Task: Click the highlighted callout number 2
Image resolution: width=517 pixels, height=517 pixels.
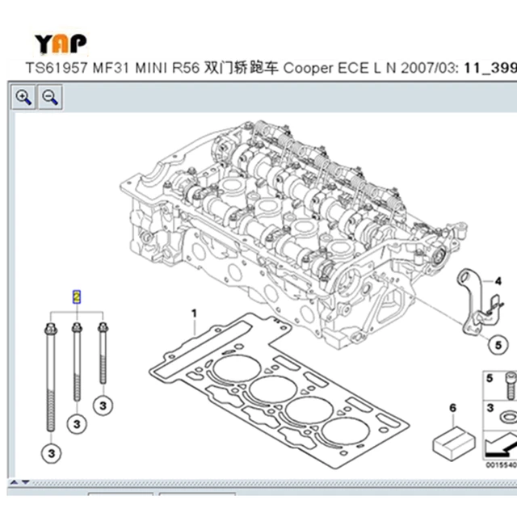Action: (77, 296)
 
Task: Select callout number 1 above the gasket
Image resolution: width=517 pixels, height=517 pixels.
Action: (193, 312)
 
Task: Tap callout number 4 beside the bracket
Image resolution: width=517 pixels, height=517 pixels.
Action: (498, 281)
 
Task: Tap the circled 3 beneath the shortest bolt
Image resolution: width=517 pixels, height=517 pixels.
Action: (103, 402)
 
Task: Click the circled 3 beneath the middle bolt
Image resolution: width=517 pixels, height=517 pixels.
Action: (77, 422)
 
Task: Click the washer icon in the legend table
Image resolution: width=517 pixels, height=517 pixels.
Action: (506, 417)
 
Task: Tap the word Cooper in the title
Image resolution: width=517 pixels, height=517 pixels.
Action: (307, 69)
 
